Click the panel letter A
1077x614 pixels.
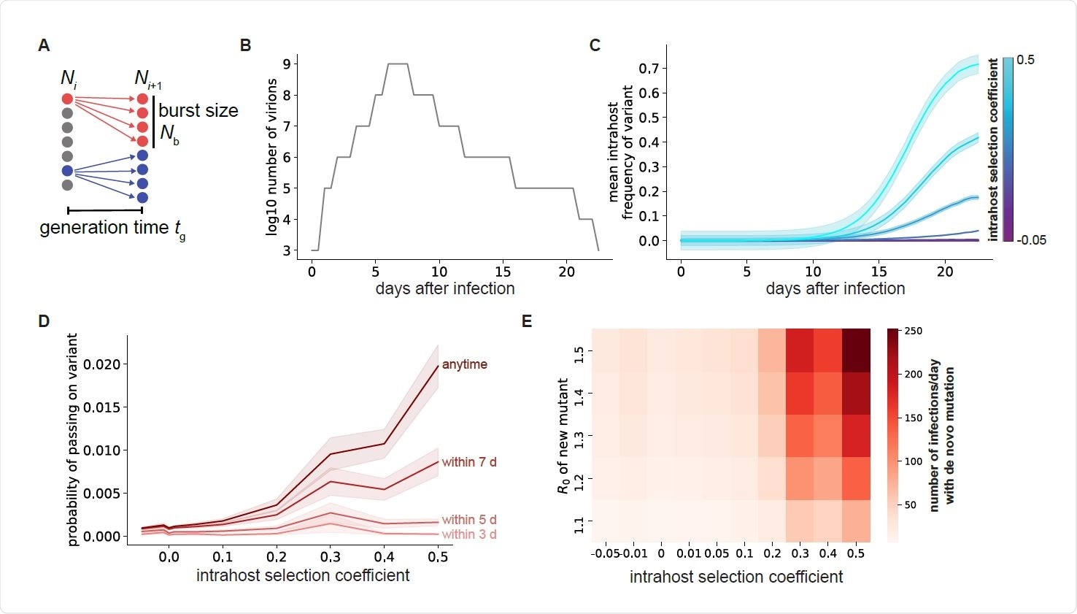click(x=44, y=45)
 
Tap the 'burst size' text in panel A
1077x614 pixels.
click(x=198, y=111)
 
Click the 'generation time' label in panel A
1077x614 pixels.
click(x=104, y=228)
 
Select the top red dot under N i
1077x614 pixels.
click(x=67, y=99)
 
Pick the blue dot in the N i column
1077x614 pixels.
click(x=67, y=171)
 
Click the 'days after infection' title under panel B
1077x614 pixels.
click(x=444, y=288)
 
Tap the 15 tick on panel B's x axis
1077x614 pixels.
click(x=503, y=272)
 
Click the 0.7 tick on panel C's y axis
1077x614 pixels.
click(x=649, y=69)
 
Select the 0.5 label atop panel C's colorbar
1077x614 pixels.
click(x=1025, y=60)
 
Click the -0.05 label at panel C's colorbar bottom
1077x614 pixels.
click(x=1031, y=240)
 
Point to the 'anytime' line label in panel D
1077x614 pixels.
click(x=464, y=364)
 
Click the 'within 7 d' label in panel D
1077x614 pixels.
click(x=468, y=462)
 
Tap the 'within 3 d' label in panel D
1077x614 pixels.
click(x=468, y=534)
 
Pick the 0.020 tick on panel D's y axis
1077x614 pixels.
click(x=103, y=364)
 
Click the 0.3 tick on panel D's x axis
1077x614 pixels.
click(x=330, y=557)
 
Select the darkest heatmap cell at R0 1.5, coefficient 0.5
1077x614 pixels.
click(x=856, y=350)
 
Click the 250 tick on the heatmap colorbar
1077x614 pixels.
click(x=914, y=331)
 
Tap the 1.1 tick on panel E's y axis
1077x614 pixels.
click(x=579, y=521)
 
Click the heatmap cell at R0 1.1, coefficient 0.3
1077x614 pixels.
click(x=800, y=521)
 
